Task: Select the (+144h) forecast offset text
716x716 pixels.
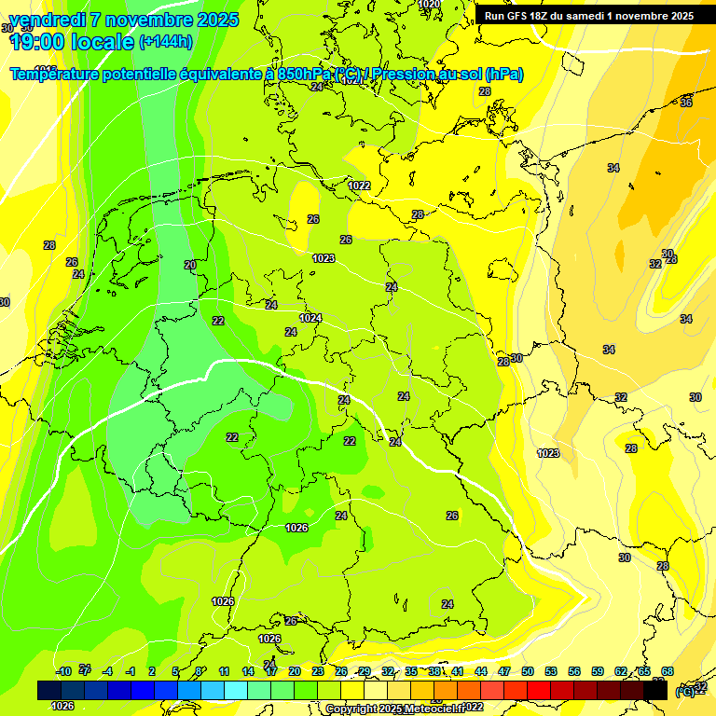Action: pos(166,42)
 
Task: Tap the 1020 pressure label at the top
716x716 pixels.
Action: pos(429,5)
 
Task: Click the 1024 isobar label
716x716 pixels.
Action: pos(310,318)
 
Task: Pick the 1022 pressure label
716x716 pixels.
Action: pos(359,186)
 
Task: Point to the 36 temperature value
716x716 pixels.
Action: pos(686,103)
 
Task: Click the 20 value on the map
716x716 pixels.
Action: pos(190,265)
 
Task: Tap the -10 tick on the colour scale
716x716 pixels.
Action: pos(63,671)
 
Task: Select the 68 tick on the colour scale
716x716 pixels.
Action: pos(668,671)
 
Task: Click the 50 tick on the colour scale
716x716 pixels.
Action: pos(528,671)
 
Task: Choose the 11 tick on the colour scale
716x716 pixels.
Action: pos(225,671)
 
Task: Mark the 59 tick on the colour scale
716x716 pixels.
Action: pos(598,671)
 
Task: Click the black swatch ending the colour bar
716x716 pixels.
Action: pos(655,690)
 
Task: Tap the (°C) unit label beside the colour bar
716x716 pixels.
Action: pos(684,691)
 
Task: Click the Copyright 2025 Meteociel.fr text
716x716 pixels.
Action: pos(392,709)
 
